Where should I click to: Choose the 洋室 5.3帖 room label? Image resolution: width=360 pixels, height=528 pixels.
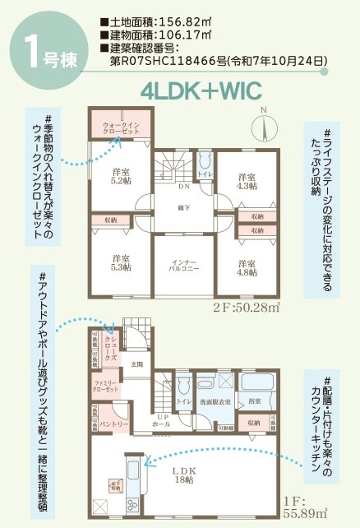(122, 264)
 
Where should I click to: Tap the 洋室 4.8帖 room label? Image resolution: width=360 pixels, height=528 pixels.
(245, 268)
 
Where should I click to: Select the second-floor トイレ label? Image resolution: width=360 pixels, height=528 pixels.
(205, 175)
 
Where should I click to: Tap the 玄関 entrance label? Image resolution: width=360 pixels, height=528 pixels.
(137, 364)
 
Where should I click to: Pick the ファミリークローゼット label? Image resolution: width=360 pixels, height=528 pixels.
(108, 387)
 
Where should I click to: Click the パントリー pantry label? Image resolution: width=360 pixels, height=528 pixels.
(115, 424)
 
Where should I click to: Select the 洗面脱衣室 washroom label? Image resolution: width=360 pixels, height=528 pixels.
(216, 401)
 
